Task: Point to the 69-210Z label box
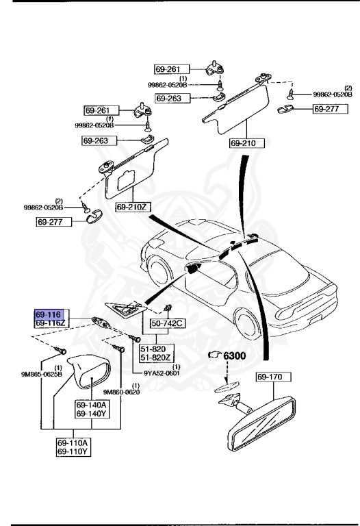(x=133, y=206)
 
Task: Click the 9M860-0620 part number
(x=121, y=392)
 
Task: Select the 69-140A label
(x=90, y=405)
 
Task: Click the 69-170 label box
(x=274, y=376)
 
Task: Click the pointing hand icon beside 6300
(x=214, y=355)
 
